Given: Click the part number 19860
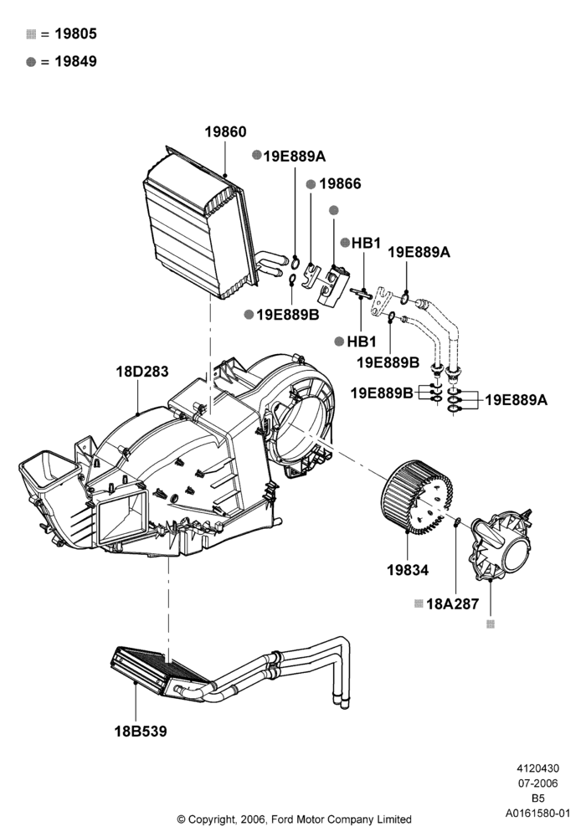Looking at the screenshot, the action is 226,132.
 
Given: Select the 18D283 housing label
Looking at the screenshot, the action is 142,371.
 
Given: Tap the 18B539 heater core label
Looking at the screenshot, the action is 141,731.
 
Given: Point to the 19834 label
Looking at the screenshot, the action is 408,570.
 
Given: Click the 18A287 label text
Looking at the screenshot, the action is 453,603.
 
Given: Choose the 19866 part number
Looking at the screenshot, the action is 340,183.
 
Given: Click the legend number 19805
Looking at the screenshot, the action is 76,33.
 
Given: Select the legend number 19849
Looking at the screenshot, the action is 76,61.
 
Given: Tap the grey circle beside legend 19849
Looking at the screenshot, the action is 31,62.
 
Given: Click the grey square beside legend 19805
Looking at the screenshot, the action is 31,34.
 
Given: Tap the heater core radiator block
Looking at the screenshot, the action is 160,674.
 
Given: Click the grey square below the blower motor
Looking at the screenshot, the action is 491,624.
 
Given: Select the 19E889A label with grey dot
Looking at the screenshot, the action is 294,156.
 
